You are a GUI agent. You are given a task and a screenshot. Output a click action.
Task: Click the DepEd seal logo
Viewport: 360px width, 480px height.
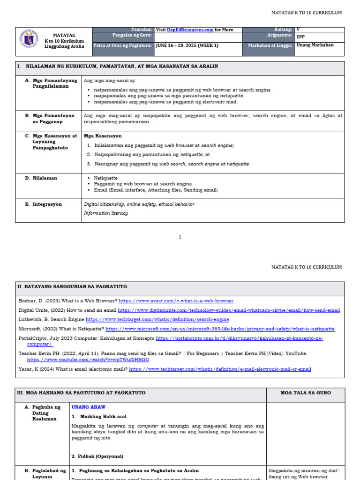pyautogui.click(x=29, y=41)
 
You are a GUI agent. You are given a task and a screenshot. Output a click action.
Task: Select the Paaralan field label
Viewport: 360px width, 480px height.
pyautogui.click(x=142, y=30)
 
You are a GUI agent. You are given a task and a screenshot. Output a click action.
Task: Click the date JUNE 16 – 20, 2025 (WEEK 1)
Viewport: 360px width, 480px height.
pyautogui.click(x=187, y=45)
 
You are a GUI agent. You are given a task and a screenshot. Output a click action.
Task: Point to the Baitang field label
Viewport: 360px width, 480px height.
pyautogui.click(x=283, y=30)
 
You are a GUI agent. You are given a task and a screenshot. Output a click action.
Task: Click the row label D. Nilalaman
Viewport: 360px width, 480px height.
pyautogui.click(x=44, y=178)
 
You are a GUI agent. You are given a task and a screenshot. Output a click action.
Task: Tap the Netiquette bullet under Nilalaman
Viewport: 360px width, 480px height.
pyautogui.click(x=105, y=178)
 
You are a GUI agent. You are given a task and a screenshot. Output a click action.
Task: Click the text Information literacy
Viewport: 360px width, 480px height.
pyautogui.click(x=105, y=213)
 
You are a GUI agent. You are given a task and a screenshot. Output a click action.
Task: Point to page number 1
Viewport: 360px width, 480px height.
pyautogui.click(x=180, y=237)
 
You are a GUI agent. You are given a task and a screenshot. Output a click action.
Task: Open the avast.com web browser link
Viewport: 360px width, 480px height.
pyautogui.click(x=176, y=301)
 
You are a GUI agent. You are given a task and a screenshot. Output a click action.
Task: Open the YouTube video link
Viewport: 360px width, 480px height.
pyautogui.click(x=88, y=360)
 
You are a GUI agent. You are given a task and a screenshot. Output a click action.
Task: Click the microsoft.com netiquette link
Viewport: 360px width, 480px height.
pyautogui.click(x=220, y=329)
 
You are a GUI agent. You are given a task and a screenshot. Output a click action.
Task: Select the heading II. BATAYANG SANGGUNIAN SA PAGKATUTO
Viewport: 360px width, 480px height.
pyautogui.click(x=72, y=286)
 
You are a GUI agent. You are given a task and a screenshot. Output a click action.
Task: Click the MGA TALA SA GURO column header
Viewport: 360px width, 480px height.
pyautogui.click(x=305, y=393)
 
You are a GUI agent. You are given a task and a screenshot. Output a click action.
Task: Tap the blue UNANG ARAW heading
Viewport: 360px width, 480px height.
pyautogui.click(x=89, y=407)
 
